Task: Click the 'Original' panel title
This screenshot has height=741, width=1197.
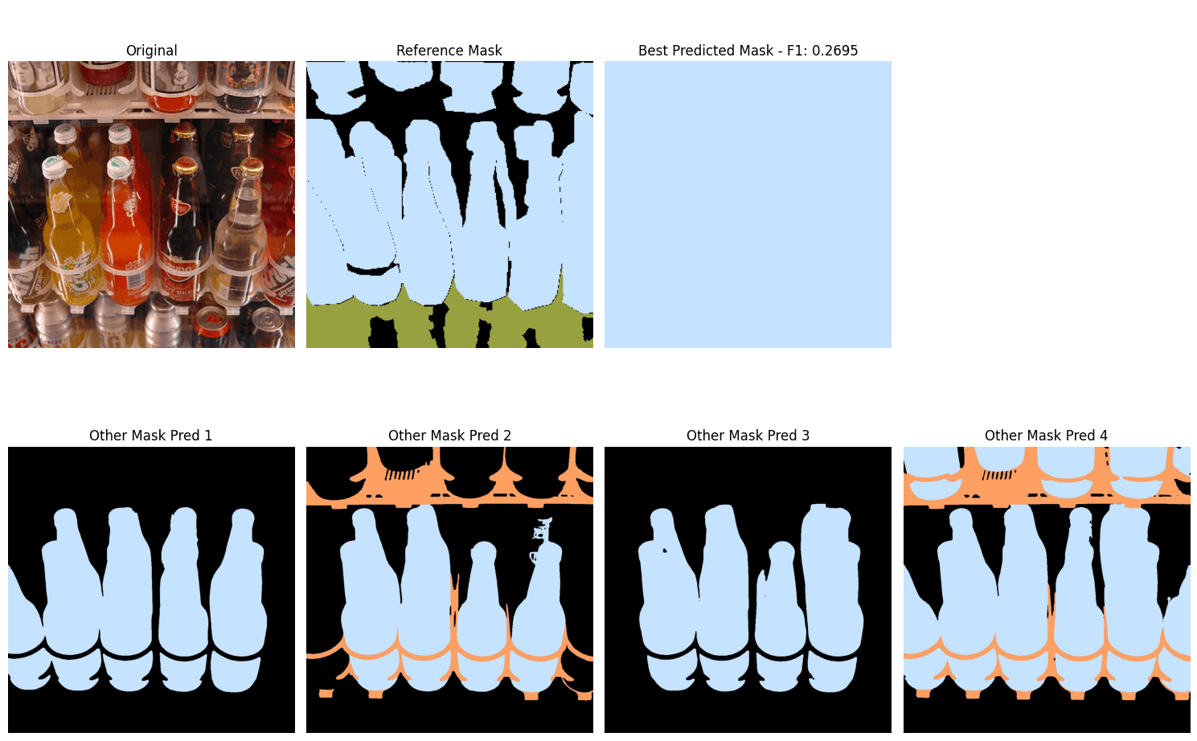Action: [151, 50]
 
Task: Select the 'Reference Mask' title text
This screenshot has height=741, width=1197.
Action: [449, 50]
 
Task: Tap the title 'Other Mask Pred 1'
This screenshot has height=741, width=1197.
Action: [150, 436]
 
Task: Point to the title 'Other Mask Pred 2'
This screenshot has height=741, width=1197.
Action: [449, 436]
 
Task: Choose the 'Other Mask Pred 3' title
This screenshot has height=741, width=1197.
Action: [748, 436]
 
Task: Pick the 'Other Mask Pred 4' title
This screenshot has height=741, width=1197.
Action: [1046, 436]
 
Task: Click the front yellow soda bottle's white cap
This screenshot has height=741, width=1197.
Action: [54, 166]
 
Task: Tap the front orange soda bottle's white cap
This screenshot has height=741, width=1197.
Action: [119, 168]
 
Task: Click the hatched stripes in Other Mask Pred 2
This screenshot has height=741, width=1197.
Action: [402, 474]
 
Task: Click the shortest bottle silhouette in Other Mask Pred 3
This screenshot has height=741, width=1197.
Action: [781, 614]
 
